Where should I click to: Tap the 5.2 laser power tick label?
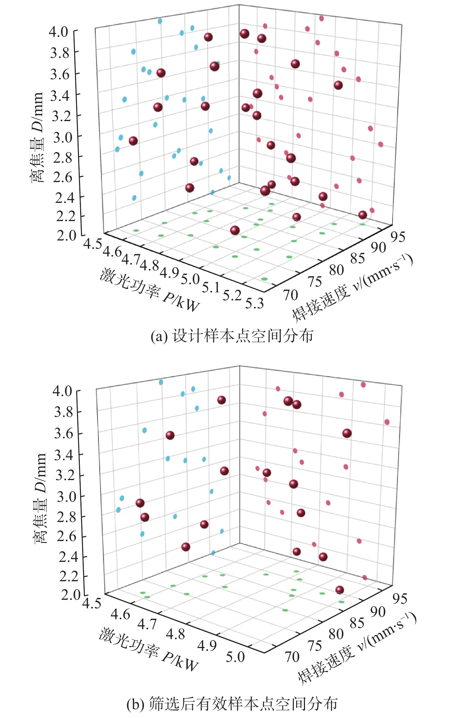click(x=232, y=295)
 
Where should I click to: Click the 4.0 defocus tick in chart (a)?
click(x=58, y=31)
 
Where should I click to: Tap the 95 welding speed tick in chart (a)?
click(x=398, y=237)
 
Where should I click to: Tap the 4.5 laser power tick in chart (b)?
click(x=92, y=603)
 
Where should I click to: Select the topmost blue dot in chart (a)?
click(x=160, y=21)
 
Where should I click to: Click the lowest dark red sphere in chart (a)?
click(x=235, y=230)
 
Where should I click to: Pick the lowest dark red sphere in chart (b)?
click(x=340, y=590)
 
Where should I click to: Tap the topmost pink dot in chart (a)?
click(x=321, y=19)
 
